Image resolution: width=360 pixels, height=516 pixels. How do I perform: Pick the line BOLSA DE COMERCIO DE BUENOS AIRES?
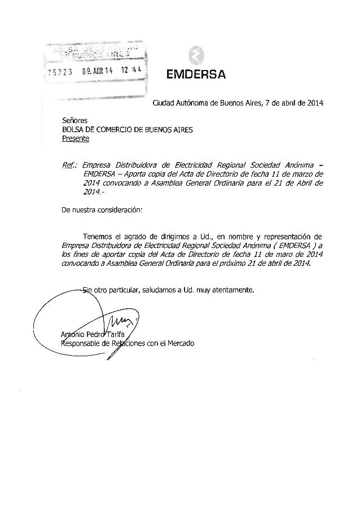coord(128,129)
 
